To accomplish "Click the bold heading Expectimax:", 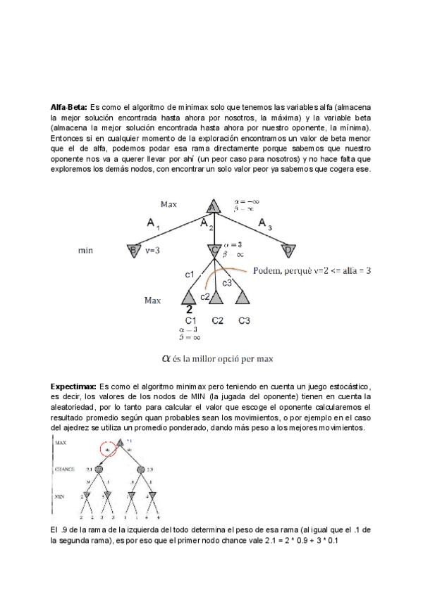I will point(74,387).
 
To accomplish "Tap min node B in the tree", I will point(133,250).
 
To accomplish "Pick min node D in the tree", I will point(288,250).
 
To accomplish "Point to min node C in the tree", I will point(213,250).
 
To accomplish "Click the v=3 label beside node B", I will point(153,250).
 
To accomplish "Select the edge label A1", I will point(154,224).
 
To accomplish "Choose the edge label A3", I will point(265,224).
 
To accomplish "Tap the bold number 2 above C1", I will point(189,308).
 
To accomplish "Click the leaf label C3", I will point(244,321).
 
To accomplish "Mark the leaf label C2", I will point(217,321).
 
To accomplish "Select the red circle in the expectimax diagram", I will point(108,449).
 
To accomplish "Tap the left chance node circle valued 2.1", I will point(99,469).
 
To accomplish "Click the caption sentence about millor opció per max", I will point(217,358).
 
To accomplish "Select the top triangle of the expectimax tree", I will point(121,444).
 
